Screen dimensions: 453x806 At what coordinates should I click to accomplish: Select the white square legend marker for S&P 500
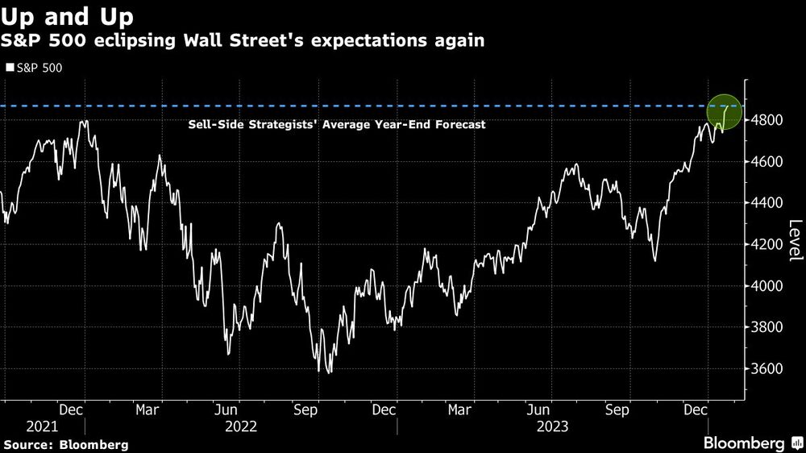point(9,68)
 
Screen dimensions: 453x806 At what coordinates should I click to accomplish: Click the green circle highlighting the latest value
point(723,110)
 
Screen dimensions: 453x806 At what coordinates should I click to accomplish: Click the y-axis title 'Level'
point(795,240)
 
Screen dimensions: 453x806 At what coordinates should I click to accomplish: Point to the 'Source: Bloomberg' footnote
point(66,444)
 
